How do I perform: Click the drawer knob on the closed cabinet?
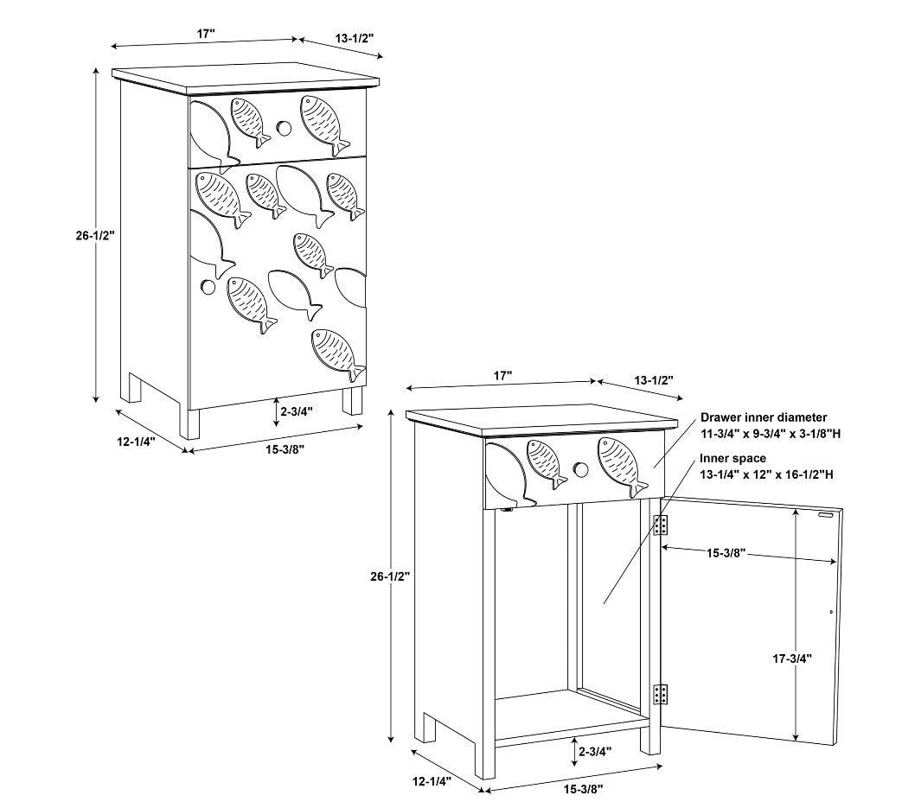[283, 128]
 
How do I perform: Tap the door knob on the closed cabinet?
[208, 286]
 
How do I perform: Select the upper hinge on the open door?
[661, 525]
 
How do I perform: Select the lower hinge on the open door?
[661, 694]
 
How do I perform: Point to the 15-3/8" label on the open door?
[726, 553]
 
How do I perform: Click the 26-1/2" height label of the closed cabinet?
[95, 235]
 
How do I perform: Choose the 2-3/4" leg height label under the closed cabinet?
[297, 411]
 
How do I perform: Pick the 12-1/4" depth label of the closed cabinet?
[137, 442]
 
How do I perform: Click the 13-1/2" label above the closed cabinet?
[355, 39]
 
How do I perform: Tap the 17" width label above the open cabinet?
[502, 376]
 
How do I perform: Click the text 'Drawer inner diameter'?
[764, 417]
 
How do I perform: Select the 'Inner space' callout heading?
[732, 458]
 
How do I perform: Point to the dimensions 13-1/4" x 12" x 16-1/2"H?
[767, 474]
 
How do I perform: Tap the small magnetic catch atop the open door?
[828, 515]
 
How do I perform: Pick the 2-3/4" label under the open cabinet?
[595, 751]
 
